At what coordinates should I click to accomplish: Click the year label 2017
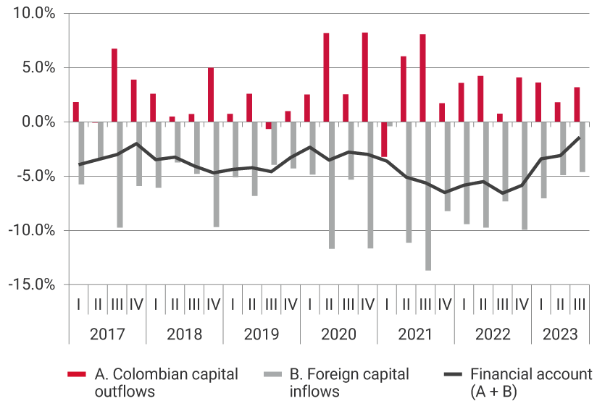[107, 334]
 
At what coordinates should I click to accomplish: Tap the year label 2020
[338, 334]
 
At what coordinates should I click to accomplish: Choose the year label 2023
[560, 334]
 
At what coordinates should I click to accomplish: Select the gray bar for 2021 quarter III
[428, 195]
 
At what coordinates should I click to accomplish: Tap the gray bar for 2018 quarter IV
[216, 174]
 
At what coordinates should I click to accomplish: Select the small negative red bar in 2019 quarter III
[268, 125]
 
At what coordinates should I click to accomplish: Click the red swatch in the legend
[77, 375]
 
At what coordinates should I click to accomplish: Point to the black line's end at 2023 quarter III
[579, 137]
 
